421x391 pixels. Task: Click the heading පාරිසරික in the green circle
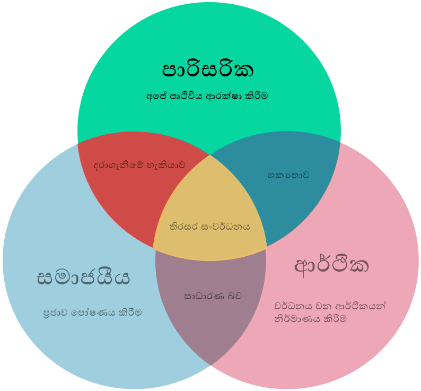pos(208,70)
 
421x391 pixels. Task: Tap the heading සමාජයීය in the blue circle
pos(83,277)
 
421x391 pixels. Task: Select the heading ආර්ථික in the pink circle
pos(331,266)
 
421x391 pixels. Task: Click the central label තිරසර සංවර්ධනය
pos(209,227)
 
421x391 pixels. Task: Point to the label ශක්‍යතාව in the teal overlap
pos(288,175)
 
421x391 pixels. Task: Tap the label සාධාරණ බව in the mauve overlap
pos(213,296)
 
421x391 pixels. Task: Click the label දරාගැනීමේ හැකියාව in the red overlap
pos(139,166)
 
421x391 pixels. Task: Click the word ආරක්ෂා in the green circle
pos(224,96)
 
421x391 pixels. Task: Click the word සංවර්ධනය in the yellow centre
pos(225,227)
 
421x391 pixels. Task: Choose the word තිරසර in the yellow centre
pos(183,227)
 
